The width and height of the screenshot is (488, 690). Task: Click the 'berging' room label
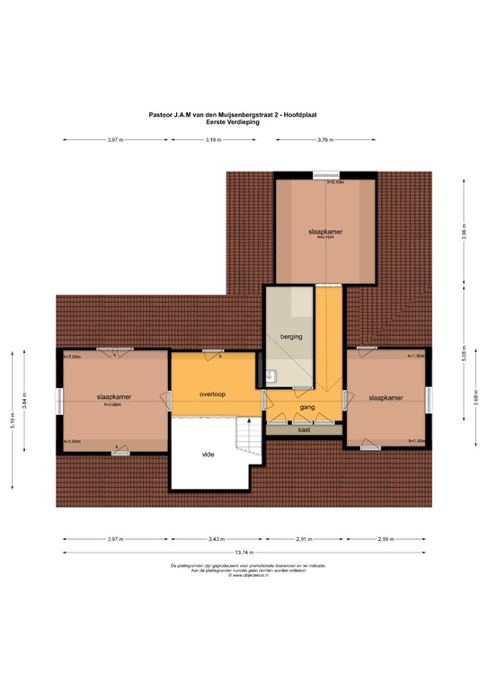click(x=291, y=335)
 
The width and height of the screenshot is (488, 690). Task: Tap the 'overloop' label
click(x=213, y=394)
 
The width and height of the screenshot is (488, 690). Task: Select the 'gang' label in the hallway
click(x=306, y=407)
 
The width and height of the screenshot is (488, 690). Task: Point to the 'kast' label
click(x=304, y=430)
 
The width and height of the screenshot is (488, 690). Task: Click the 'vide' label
click(x=208, y=455)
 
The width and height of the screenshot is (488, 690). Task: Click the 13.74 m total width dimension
click(x=244, y=553)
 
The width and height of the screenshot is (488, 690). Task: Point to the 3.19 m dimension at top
click(x=213, y=140)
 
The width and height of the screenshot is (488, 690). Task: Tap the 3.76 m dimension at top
click(x=325, y=140)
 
